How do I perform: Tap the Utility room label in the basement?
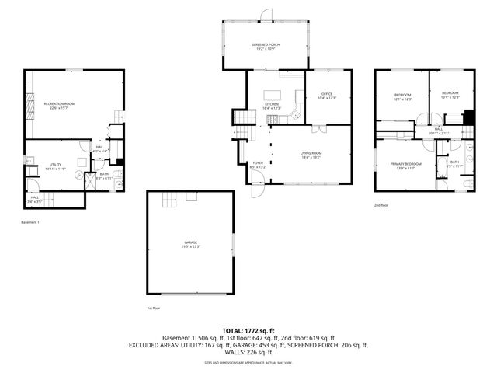[x=55, y=164]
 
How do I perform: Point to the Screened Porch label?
[x=266, y=45]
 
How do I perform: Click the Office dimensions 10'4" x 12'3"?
[x=327, y=99]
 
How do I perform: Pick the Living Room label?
[x=311, y=153]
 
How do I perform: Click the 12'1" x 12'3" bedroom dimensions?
[x=402, y=99]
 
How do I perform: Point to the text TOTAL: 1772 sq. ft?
[x=248, y=331]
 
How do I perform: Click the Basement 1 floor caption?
[x=30, y=222]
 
